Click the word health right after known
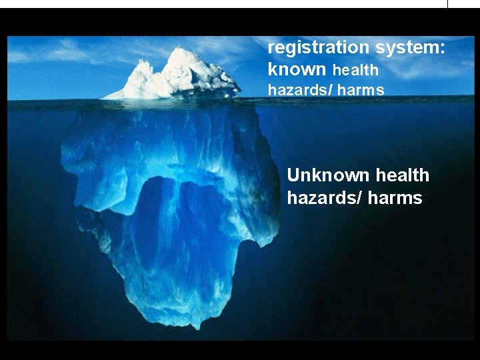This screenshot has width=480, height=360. click(x=355, y=70)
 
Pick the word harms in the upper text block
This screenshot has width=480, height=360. click(x=361, y=89)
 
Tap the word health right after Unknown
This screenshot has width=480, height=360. click(x=402, y=175)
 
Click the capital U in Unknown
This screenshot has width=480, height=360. click(x=293, y=175)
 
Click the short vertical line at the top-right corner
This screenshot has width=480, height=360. click(x=448, y=4)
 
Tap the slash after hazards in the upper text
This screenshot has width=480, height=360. click(x=329, y=89)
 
